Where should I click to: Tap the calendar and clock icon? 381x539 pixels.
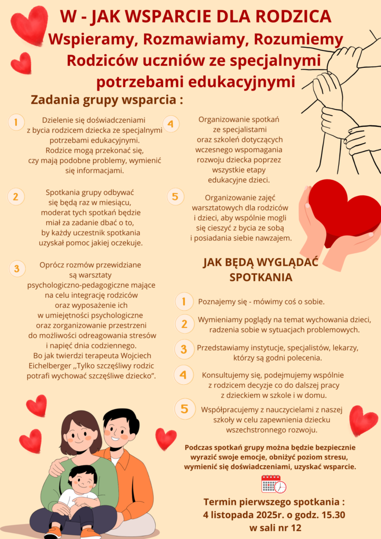273,484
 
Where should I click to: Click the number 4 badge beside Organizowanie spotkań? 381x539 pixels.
171,124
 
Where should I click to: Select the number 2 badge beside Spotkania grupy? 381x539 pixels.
16,197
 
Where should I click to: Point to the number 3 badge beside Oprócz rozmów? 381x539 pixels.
17,268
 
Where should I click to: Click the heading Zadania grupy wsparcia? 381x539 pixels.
107,99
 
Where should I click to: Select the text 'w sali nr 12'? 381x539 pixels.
275,527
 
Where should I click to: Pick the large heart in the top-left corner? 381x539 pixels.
29,25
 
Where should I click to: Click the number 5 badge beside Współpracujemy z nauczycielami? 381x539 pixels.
184,409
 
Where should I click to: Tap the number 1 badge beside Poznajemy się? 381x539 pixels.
184,302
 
